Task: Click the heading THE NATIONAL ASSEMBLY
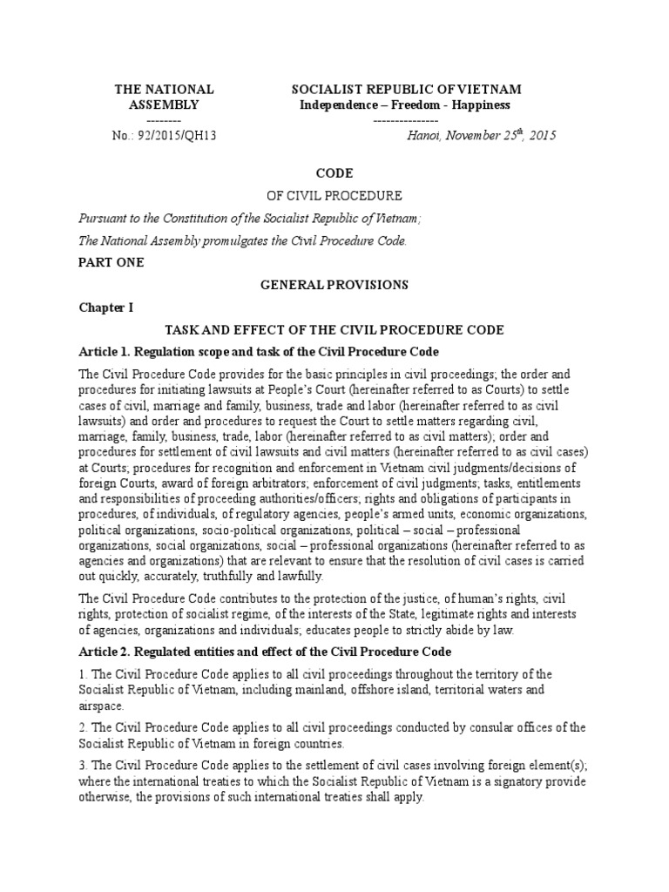165,98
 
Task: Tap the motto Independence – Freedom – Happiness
405,105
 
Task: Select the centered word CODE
334,173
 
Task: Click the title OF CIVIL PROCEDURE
334,196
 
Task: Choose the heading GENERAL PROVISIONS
334,285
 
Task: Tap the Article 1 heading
259,351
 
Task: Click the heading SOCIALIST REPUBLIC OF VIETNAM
406,90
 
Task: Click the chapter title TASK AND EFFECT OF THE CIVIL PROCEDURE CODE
334,330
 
